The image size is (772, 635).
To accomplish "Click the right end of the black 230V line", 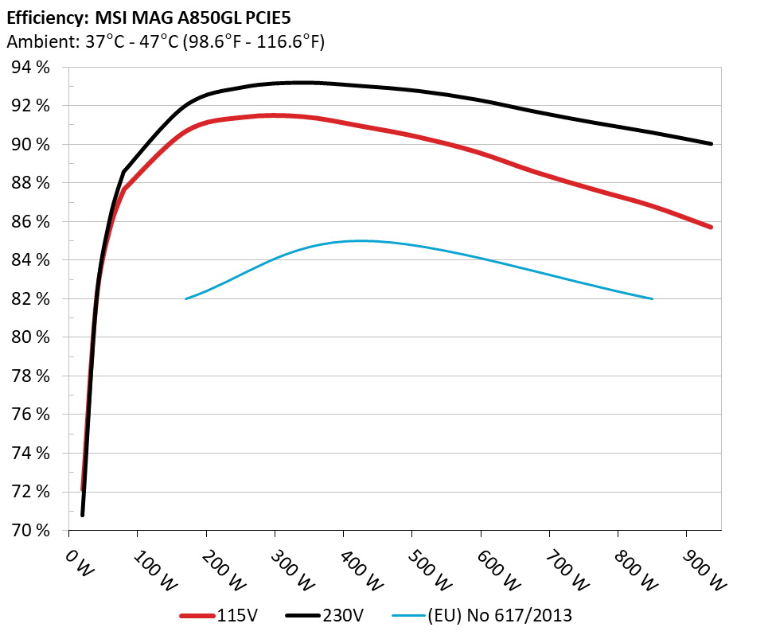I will click(x=711, y=144).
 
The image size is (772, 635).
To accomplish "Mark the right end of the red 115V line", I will click(x=711, y=228).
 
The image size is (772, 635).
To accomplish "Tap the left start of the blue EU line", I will click(x=185, y=299).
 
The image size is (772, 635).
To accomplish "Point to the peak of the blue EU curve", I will click(x=358, y=240).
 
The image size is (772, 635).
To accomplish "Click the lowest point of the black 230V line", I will click(x=83, y=515).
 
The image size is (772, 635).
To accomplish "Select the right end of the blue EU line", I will click(x=653, y=299).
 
